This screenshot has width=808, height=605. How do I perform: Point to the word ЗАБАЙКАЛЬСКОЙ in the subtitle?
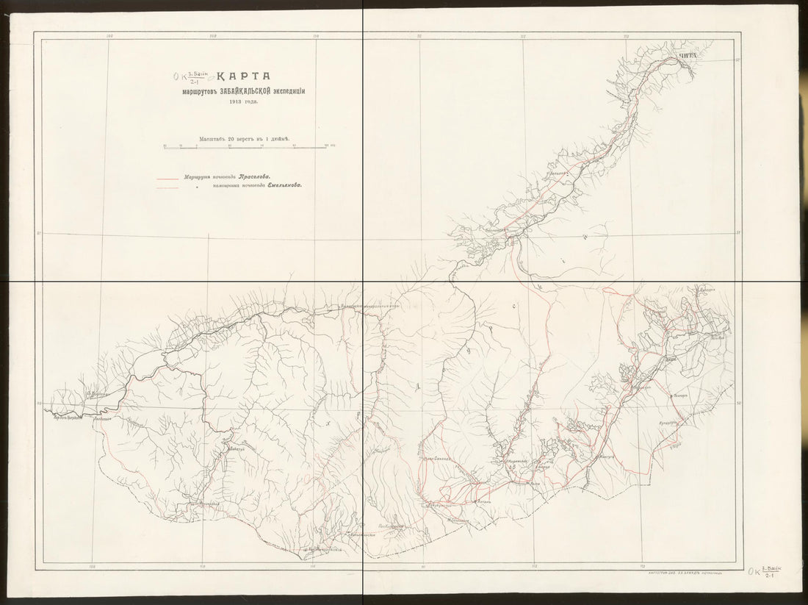(239, 90)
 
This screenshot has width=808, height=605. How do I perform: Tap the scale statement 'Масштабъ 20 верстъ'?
(245, 138)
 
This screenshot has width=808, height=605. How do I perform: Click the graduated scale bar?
(246, 148)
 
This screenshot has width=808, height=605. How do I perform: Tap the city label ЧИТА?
(686, 56)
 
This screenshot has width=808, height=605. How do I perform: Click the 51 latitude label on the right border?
(737, 234)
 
